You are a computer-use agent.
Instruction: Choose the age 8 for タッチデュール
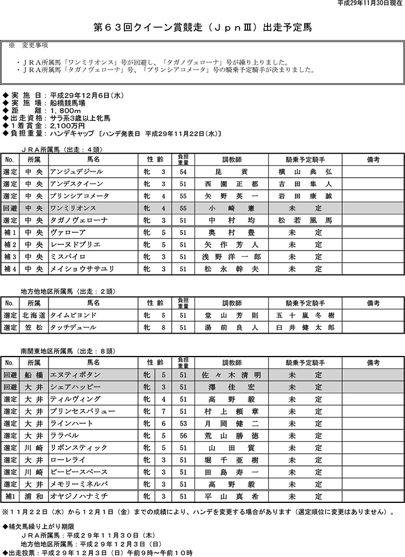(x=163, y=327)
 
